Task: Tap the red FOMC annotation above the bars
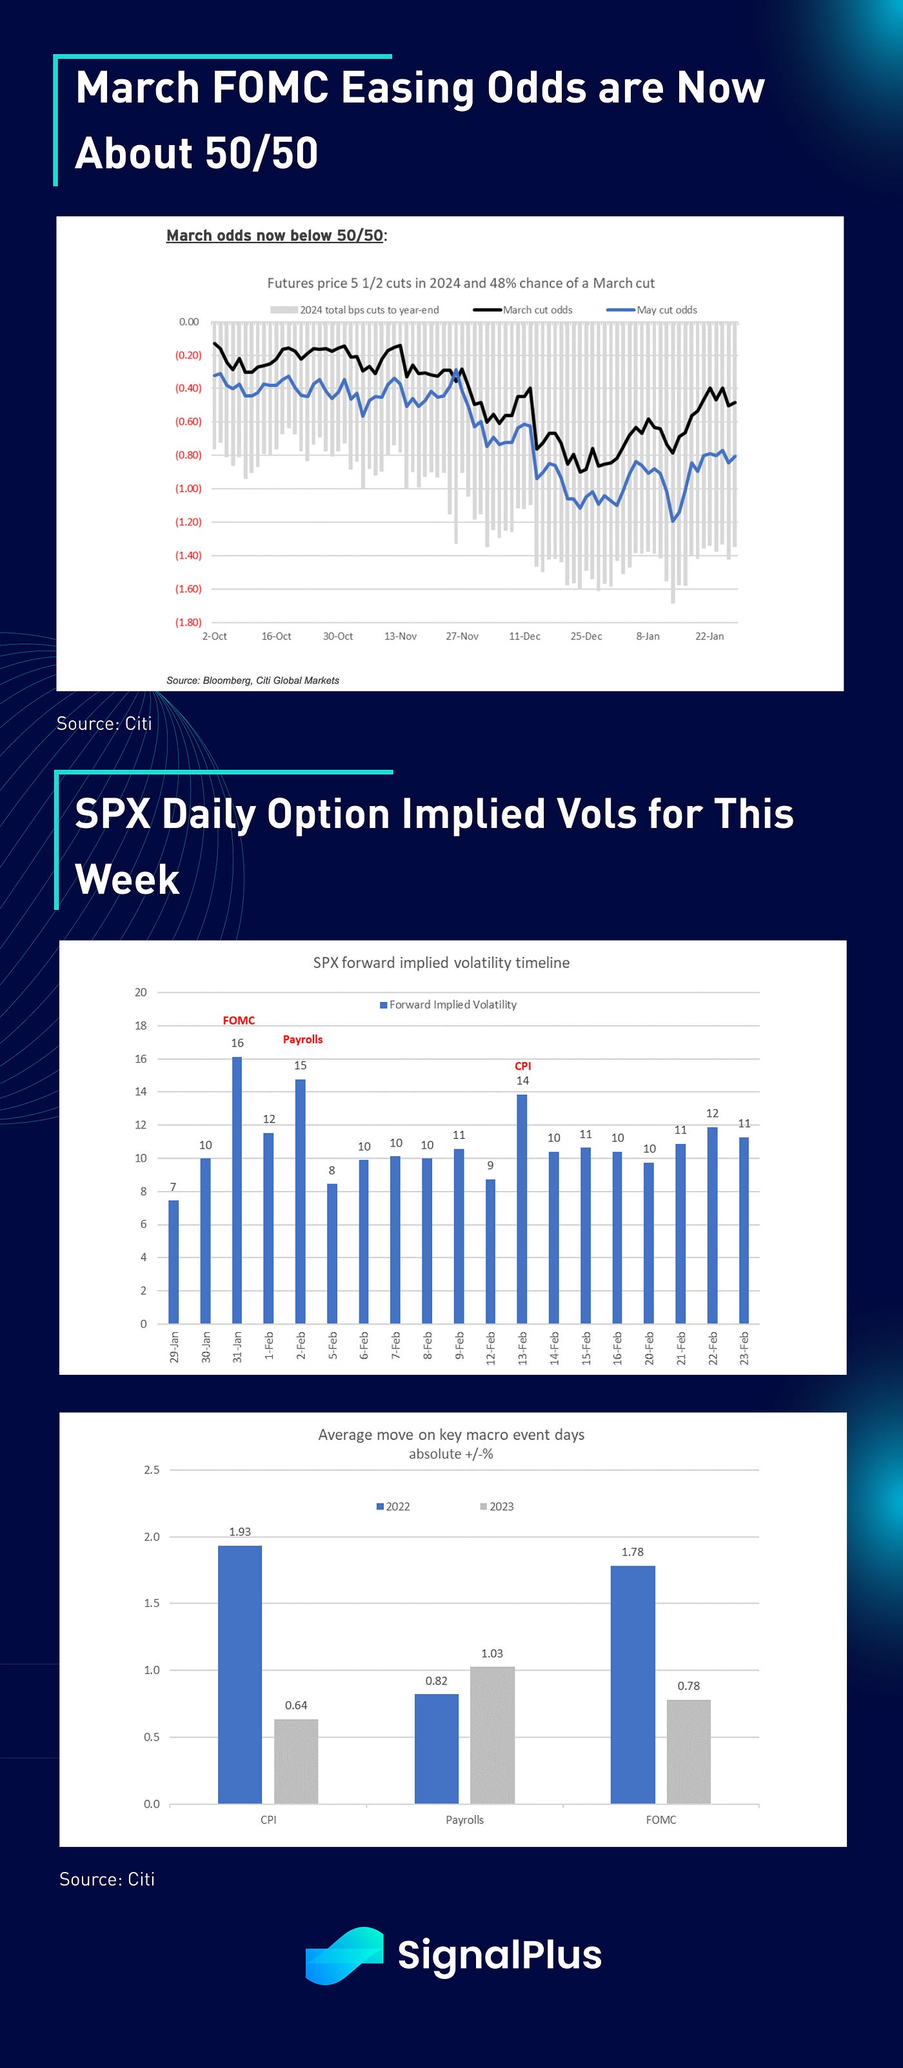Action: point(239,1020)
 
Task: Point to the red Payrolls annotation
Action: point(303,1039)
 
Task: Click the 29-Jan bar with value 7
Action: point(174,1261)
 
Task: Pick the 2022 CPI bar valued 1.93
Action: point(240,1675)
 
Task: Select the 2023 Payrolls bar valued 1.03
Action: point(492,1736)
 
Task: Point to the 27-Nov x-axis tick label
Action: point(462,636)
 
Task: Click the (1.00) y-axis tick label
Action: point(188,489)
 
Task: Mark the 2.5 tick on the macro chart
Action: point(152,1470)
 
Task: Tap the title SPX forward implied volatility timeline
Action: point(441,963)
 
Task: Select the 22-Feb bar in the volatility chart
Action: point(712,1225)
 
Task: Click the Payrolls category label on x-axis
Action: point(465,1820)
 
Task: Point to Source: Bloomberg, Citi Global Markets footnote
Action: point(253,681)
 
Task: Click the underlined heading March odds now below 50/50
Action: point(275,235)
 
